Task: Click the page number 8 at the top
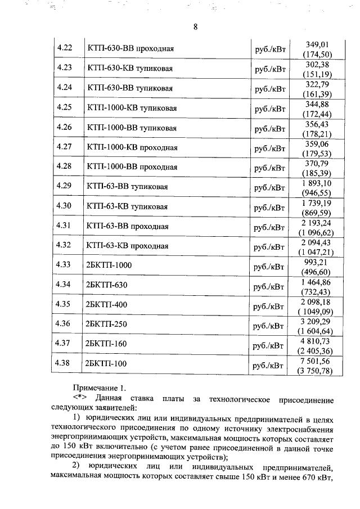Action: (x=195, y=26)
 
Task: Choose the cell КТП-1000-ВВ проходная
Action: (x=132, y=167)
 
